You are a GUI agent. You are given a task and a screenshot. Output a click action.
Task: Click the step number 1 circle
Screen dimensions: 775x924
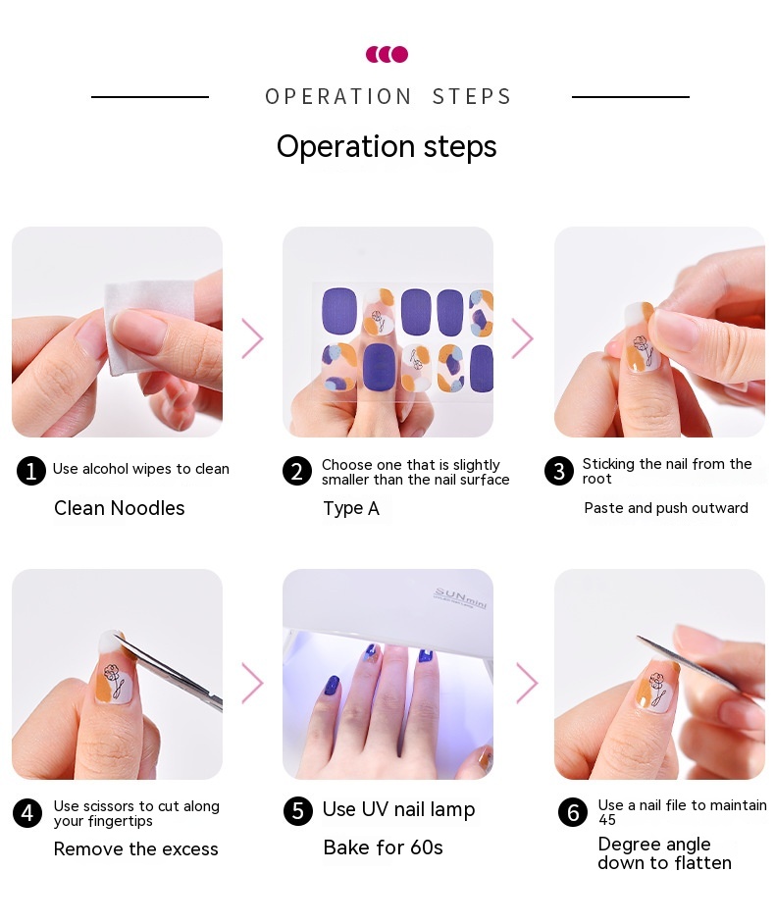pos(31,471)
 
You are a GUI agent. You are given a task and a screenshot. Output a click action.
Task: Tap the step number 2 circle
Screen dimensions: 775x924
pos(297,472)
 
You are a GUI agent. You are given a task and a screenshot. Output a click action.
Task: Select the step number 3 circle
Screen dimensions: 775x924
pos(559,471)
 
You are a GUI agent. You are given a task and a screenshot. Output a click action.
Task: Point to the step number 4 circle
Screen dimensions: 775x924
pos(27,813)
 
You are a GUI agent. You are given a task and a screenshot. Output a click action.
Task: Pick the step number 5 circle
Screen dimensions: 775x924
pos(298,811)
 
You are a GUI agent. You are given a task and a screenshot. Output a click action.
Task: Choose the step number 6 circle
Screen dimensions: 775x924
pos(573,812)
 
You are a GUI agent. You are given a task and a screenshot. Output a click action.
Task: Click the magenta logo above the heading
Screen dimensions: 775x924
pos(387,54)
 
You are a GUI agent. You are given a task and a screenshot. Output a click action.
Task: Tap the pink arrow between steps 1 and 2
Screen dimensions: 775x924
pos(252,338)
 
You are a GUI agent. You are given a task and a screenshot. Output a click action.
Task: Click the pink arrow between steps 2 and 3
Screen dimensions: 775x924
pos(522,338)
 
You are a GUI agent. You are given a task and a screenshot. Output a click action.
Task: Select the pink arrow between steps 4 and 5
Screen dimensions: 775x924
pos(252,684)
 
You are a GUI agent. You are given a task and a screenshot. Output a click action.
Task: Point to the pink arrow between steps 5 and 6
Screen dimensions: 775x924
pos(527,684)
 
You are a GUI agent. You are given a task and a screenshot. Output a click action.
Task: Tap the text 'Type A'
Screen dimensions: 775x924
pos(351,508)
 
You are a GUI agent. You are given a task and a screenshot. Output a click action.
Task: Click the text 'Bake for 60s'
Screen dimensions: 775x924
pos(383,847)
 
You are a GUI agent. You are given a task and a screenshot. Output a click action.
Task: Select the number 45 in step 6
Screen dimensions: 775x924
pos(607,820)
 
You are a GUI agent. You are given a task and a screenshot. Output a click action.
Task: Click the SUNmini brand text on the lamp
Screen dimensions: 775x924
pos(461,597)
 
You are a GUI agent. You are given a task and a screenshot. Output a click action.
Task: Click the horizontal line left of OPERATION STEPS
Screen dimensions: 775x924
pos(150,97)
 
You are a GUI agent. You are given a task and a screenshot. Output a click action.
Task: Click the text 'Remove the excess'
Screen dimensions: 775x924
pos(136,849)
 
